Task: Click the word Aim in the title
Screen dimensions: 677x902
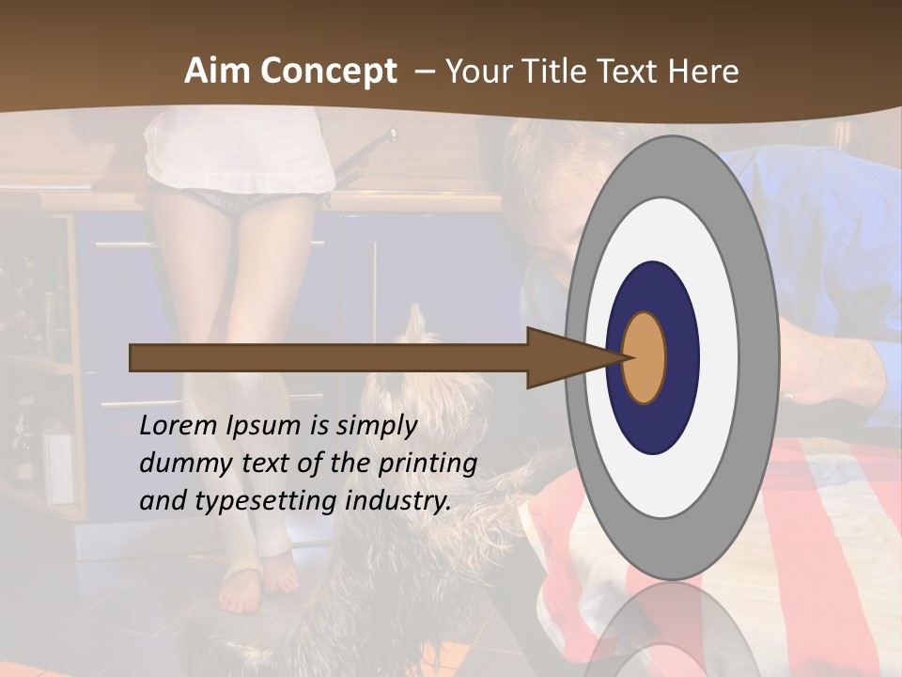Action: click(217, 71)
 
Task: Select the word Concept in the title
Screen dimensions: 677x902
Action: click(329, 72)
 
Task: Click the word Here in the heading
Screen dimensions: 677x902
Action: click(704, 71)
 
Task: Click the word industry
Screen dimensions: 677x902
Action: click(398, 501)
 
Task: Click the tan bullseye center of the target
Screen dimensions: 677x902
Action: click(645, 357)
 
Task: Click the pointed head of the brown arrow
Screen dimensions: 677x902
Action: click(573, 357)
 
